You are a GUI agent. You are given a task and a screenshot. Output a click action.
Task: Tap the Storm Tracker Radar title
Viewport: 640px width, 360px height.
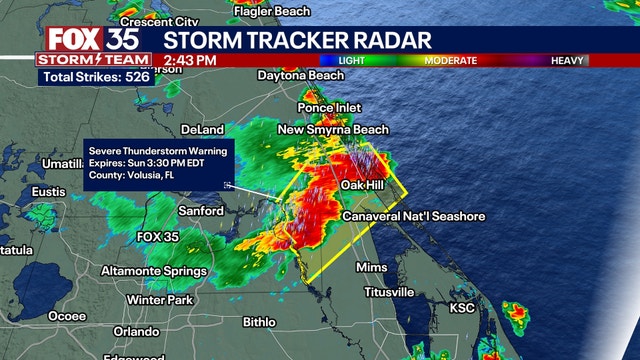[297, 40]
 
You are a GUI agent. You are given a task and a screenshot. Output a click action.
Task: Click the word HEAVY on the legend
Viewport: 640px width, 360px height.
[567, 60]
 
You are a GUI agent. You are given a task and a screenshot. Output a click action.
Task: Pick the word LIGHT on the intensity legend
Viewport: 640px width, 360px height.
[351, 60]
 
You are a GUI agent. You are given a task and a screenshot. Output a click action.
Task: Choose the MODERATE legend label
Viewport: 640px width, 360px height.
[452, 60]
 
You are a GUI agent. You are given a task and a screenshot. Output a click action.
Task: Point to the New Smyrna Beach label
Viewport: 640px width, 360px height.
[334, 130]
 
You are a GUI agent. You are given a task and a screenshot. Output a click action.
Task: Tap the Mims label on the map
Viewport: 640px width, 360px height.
[371, 268]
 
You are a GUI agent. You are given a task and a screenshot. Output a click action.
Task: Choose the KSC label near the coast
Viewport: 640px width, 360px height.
[462, 307]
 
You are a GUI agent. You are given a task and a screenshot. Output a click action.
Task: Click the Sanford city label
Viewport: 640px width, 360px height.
[201, 211]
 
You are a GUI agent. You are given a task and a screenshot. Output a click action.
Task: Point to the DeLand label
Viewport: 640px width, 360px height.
[204, 130]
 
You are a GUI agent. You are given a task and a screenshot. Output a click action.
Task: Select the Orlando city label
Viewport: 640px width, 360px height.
[136, 331]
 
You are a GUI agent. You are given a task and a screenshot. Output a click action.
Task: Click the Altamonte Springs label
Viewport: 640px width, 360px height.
[153, 271]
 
